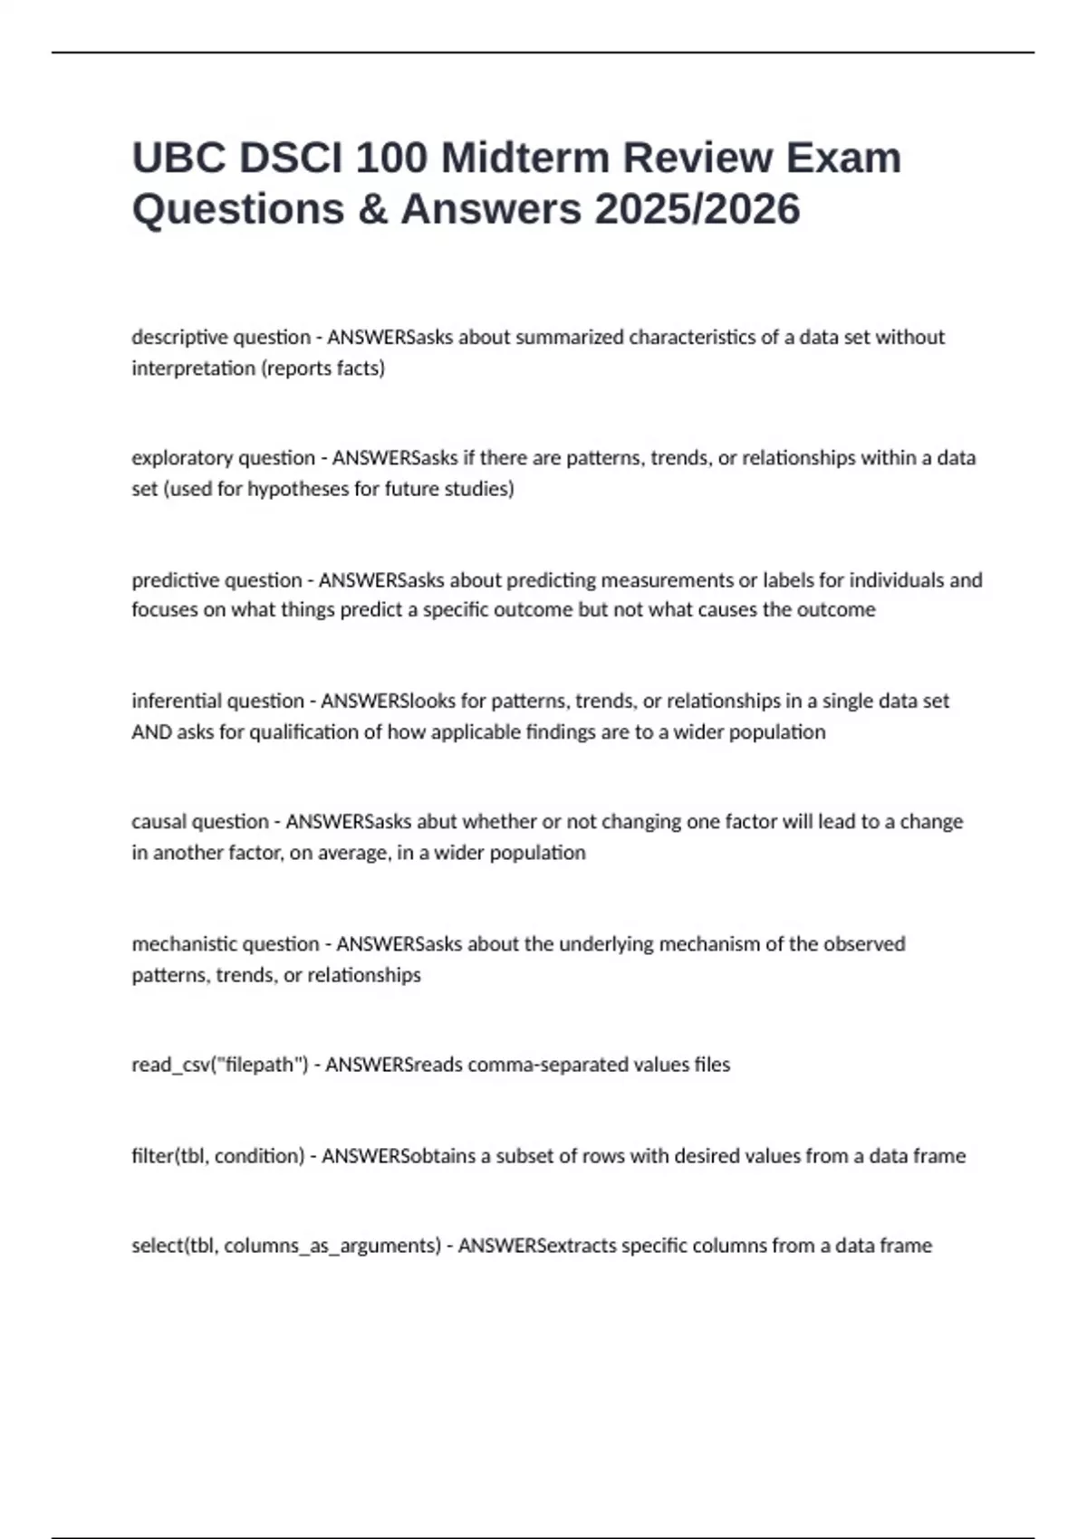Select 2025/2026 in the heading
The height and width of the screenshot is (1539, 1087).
(697, 209)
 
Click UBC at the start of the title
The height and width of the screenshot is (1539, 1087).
(178, 158)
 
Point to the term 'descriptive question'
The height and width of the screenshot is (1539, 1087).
(221, 338)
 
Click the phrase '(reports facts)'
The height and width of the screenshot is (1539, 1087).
(322, 368)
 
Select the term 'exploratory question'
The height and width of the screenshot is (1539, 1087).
(224, 458)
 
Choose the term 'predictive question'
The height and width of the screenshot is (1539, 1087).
(216, 579)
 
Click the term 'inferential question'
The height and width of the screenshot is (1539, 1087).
(218, 701)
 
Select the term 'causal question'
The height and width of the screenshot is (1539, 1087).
(200, 822)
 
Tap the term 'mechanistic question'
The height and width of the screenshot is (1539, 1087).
(226, 944)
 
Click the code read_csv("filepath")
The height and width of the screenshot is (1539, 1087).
(220, 1065)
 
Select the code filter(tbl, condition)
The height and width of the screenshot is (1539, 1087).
(218, 1156)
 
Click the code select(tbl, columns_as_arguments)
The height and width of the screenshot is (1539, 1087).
(286, 1246)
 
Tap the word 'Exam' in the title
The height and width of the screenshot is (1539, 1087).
(842, 158)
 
